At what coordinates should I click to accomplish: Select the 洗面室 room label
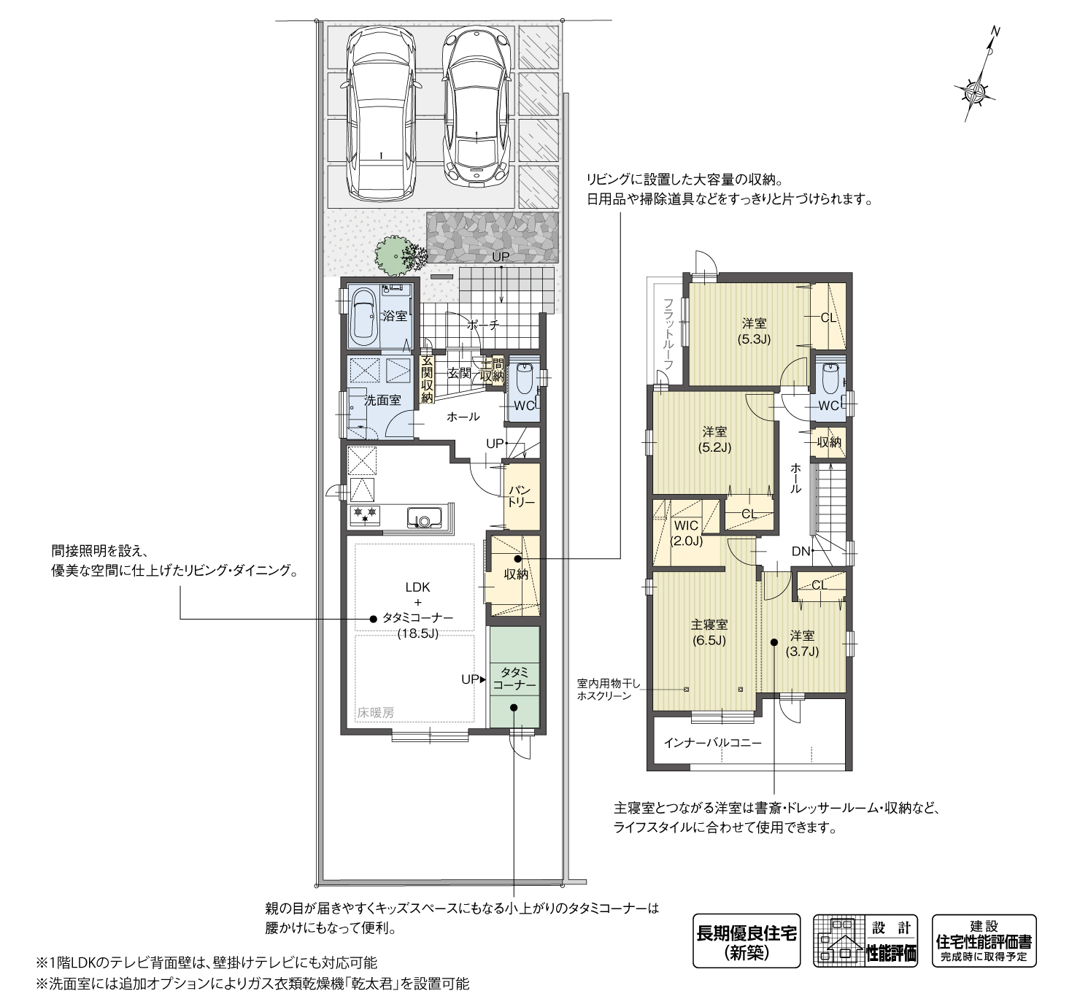[382, 401]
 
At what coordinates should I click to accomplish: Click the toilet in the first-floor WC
[523, 379]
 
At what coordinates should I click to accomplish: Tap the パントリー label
[522, 496]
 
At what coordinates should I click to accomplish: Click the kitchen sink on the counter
[424, 519]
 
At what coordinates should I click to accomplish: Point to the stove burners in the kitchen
[365, 513]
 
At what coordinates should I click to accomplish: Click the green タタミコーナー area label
[514, 679]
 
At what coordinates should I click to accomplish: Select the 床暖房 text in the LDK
[375, 713]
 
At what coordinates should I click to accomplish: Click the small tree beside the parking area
[396, 254]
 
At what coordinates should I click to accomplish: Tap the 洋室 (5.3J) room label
[755, 331]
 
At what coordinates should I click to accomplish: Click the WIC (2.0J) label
[686, 533]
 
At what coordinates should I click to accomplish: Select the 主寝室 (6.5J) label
[709, 633]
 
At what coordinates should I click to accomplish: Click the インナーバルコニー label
[712, 743]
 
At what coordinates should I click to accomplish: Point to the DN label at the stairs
[801, 551]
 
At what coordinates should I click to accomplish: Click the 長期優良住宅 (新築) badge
[746, 941]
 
